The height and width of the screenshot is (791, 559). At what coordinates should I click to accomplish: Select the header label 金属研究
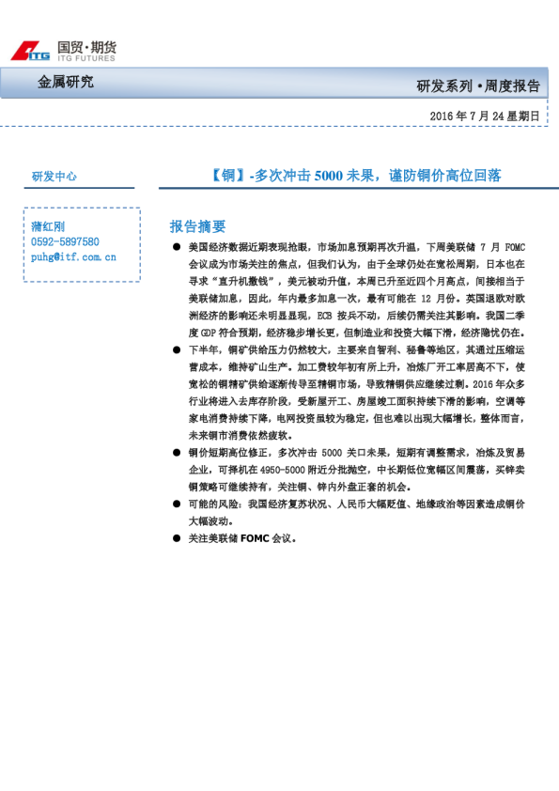point(66,83)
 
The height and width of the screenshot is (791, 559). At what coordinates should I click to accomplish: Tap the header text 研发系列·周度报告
point(478,86)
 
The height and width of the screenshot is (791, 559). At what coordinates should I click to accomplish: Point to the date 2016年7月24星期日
point(484,116)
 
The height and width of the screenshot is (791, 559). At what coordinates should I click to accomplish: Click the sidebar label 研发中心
point(54,176)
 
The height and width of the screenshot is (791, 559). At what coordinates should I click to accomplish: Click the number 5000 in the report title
point(330,175)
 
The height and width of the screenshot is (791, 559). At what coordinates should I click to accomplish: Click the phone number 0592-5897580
point(65,240)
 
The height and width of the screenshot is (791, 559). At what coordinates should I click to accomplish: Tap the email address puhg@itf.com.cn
point(73,256)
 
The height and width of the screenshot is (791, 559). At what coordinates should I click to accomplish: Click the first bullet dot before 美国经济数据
point(177,247)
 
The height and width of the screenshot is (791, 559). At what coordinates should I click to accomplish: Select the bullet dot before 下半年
point(177,349)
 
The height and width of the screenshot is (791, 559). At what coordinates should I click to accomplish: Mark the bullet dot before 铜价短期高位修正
point(177,453)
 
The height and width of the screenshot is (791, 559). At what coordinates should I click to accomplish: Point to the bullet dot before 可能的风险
point(177,504)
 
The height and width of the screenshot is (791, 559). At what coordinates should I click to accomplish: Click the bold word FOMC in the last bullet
point(254,539)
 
